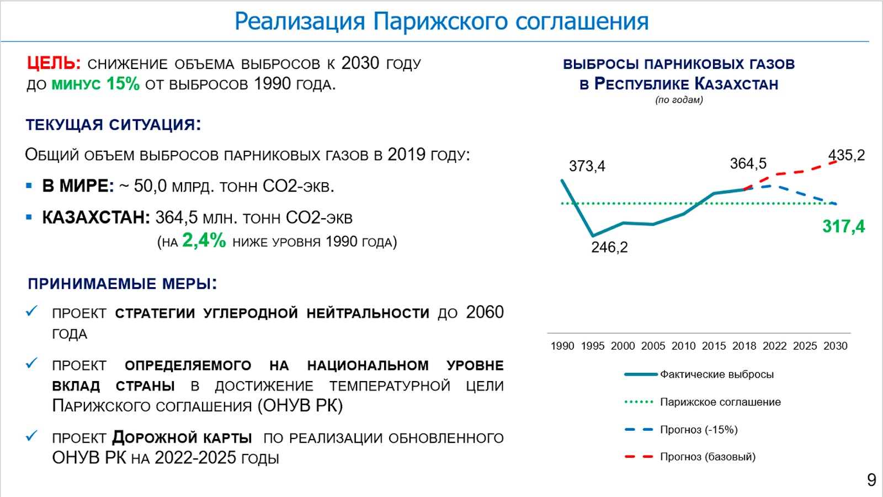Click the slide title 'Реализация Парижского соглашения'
click(441, 22)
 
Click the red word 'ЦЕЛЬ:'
click(54, 64)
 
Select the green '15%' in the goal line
click(123, 84)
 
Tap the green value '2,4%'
click(204, 241)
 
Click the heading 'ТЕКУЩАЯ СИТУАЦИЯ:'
click(113, 125)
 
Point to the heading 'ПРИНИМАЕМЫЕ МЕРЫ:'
click(122, 284)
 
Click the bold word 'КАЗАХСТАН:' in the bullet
click(96, 218)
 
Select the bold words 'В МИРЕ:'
click(78, 186)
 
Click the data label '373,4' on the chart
click(587, 166)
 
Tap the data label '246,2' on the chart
click(609, 247)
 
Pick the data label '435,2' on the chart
click(846, 155)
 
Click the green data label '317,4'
click(843, 226)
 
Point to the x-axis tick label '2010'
click(683, 346)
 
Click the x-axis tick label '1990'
click(562, 346)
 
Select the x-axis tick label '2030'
click(835, 346)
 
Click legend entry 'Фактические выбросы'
click(716, 374)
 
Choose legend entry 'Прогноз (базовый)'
click(708, 457)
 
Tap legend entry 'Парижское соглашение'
click(720, 402)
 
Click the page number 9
click(871, 480)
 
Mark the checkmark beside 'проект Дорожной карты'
click(31, 436)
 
